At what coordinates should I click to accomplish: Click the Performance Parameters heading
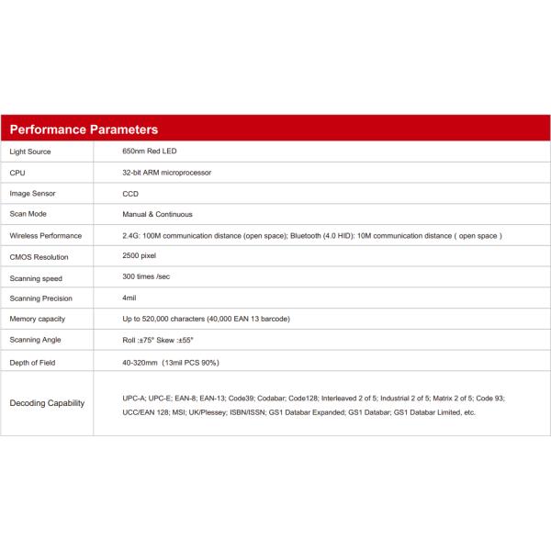[x=84, y=129]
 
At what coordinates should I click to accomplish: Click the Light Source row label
[x=30, y=152]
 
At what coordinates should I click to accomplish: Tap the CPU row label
[x=17, y=173]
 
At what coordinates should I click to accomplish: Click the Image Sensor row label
[x=33, y=194]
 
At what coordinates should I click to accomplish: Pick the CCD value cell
[x=130, y=194]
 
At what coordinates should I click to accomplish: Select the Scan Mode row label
[x=28, y=215]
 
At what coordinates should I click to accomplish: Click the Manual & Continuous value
[x=157, y=215]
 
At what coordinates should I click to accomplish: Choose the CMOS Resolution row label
[x=39, y=257]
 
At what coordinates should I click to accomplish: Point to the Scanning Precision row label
[x=40, y=298]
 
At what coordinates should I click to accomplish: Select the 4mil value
[x=129, y=298]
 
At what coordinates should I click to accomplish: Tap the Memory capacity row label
[x=39, y=320]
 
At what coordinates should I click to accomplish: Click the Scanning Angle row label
[x=36, y=341]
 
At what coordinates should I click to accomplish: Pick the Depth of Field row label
[x=33, y=363]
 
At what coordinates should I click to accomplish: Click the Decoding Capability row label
[x=47, y=403]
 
